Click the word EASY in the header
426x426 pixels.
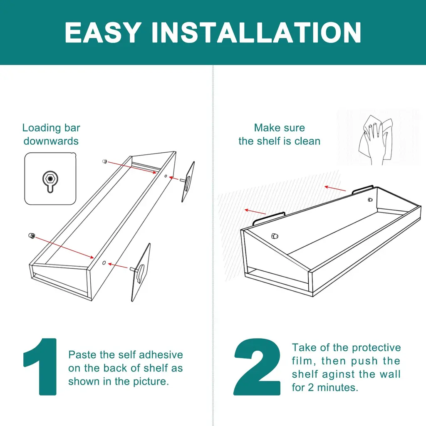(x=103, y=32)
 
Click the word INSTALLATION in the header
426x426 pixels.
(x=256, y=32)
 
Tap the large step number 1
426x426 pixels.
(x=40, y=367)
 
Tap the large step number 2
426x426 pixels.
(x=257, y=367)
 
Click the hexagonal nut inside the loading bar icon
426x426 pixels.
(x=50, y=178)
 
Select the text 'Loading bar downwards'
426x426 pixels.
(x=51, y=134)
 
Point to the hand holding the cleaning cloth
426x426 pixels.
(x=376, y=140)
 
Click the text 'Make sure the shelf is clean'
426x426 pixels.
(x=279, y=134)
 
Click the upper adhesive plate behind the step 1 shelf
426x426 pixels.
(x=188, y=181)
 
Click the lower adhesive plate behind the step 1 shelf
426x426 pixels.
(x=141, y=272)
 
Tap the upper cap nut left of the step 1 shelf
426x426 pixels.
(x=104, y=161)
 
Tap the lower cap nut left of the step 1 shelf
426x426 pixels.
(x=32, y=235)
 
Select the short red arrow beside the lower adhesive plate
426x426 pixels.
(x=118, y=266)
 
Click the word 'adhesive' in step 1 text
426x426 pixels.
(x=161, y=354)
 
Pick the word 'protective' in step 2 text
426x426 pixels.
(x=376, y=348)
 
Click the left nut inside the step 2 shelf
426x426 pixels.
(x=275, y=236)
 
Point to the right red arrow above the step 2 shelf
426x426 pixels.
(x=335, y=188)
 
